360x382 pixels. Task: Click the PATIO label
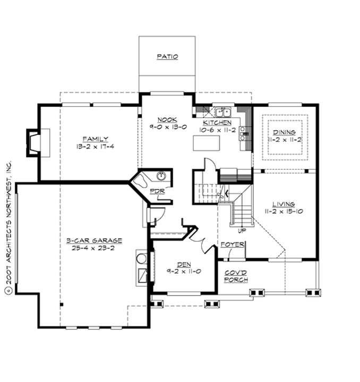coord(167,56)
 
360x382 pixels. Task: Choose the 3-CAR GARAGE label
coord(95,240)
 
